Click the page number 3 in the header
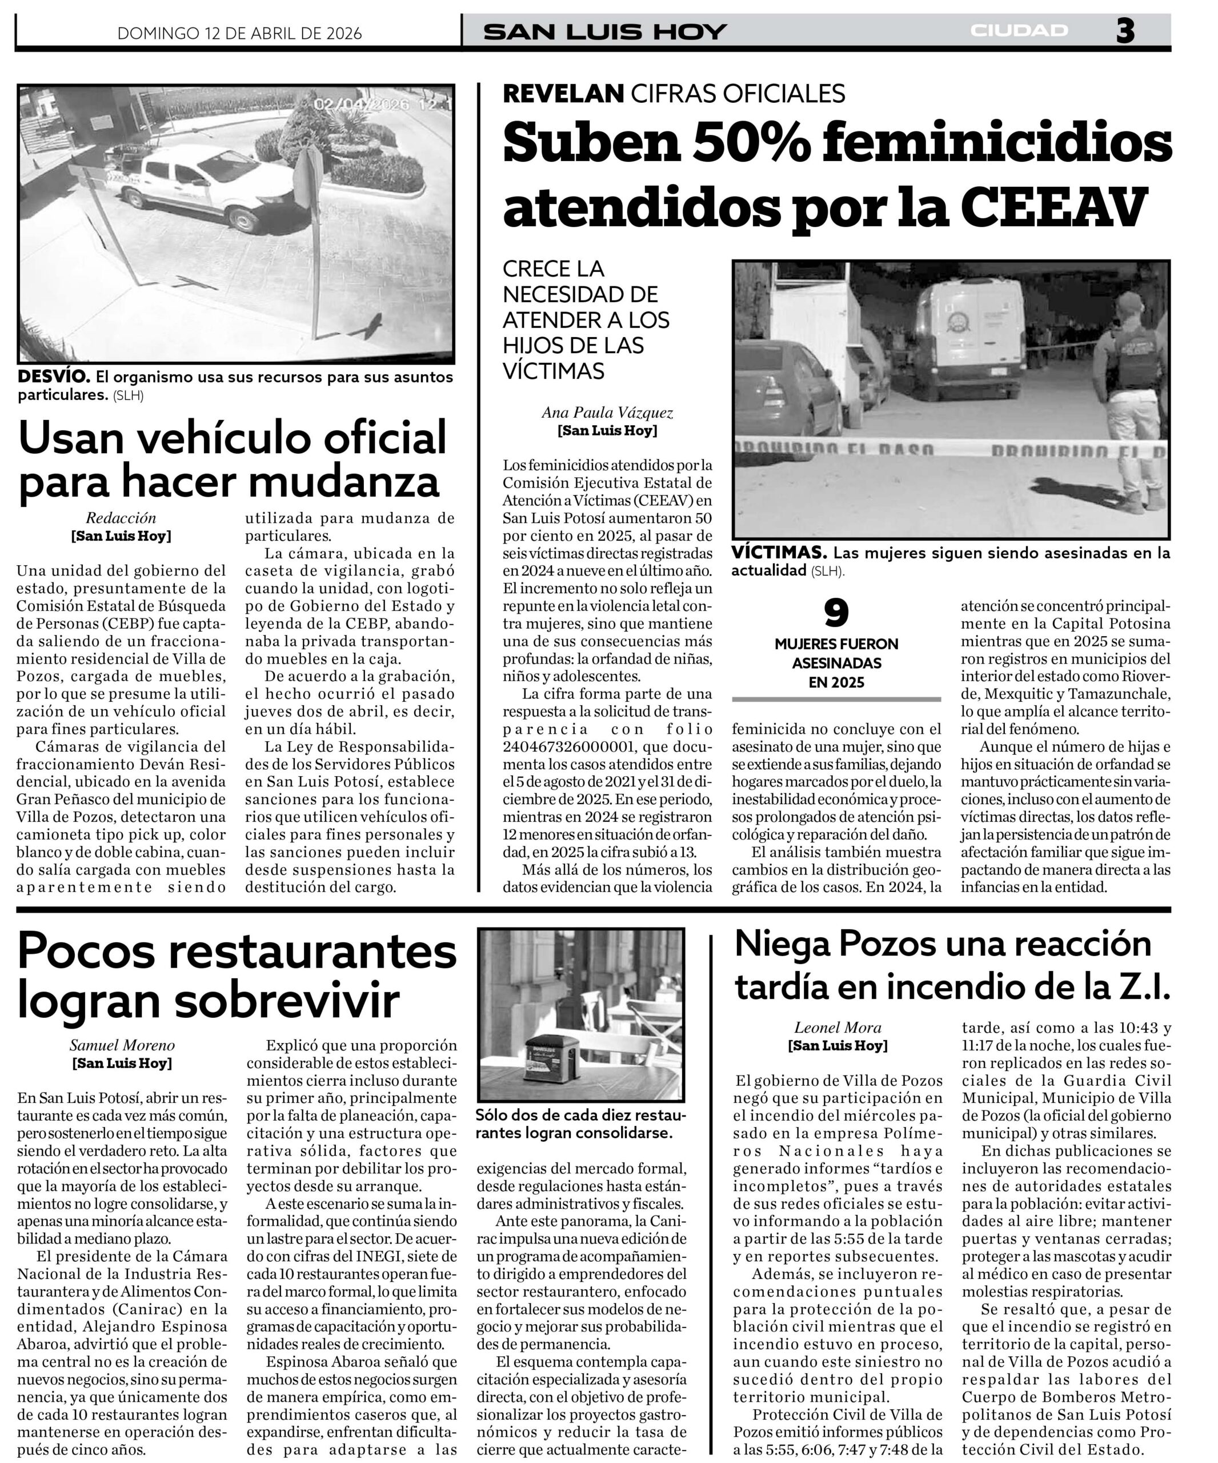click(x=1125, y=31)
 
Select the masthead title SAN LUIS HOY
click(x=605, y=32)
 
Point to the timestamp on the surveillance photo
click(x=382, y=105)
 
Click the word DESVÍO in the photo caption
click(x=54, y=377)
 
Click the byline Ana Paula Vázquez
click(x=607, y=413)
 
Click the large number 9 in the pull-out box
click(x=836, y=613)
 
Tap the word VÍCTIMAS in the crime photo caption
click(x=779, y=553)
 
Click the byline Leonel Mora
click(x=838, y=1027)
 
